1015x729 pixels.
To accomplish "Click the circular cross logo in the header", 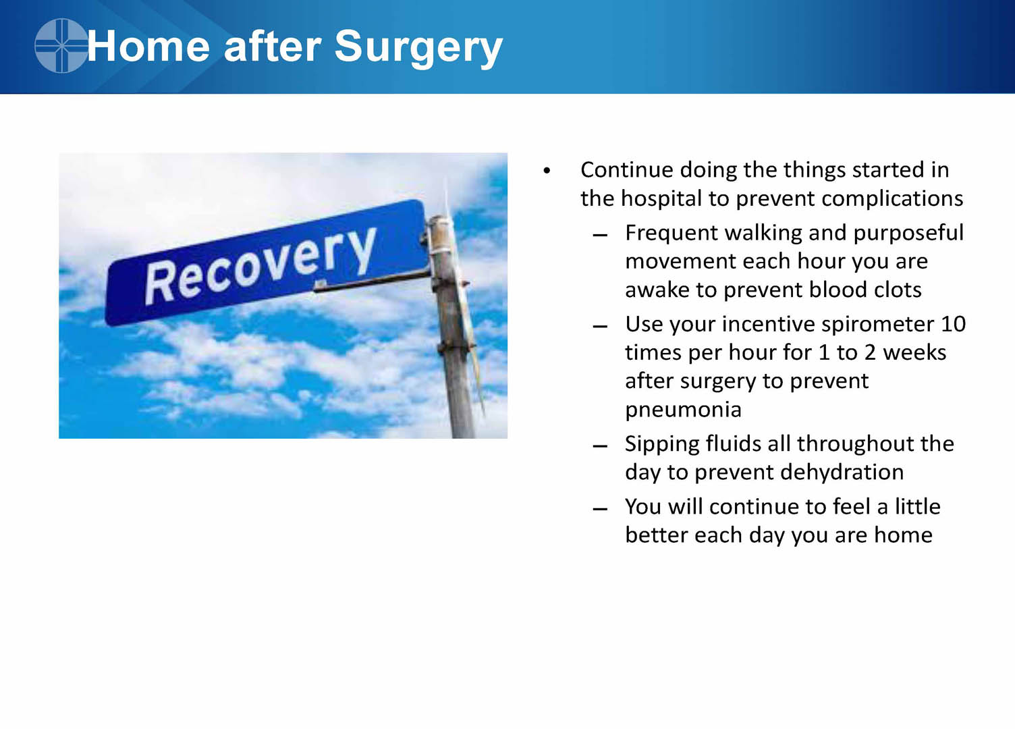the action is coord(61,46).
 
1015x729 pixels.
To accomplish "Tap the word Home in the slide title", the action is coord(148,46).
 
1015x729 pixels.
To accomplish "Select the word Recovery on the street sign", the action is coord(260,266).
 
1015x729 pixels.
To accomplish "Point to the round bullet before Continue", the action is coord(547,171).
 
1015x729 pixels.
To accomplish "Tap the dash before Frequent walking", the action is coord(600,235).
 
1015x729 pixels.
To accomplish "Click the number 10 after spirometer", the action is coord(954,325).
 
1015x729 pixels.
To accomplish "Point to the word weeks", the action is coord(914,352).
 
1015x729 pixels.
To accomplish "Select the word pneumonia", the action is coord(683,410).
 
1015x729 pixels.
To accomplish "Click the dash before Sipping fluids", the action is coord(600,446).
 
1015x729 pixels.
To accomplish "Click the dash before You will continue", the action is coord(600,509).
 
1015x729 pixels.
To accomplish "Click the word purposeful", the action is coord(908,234).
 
